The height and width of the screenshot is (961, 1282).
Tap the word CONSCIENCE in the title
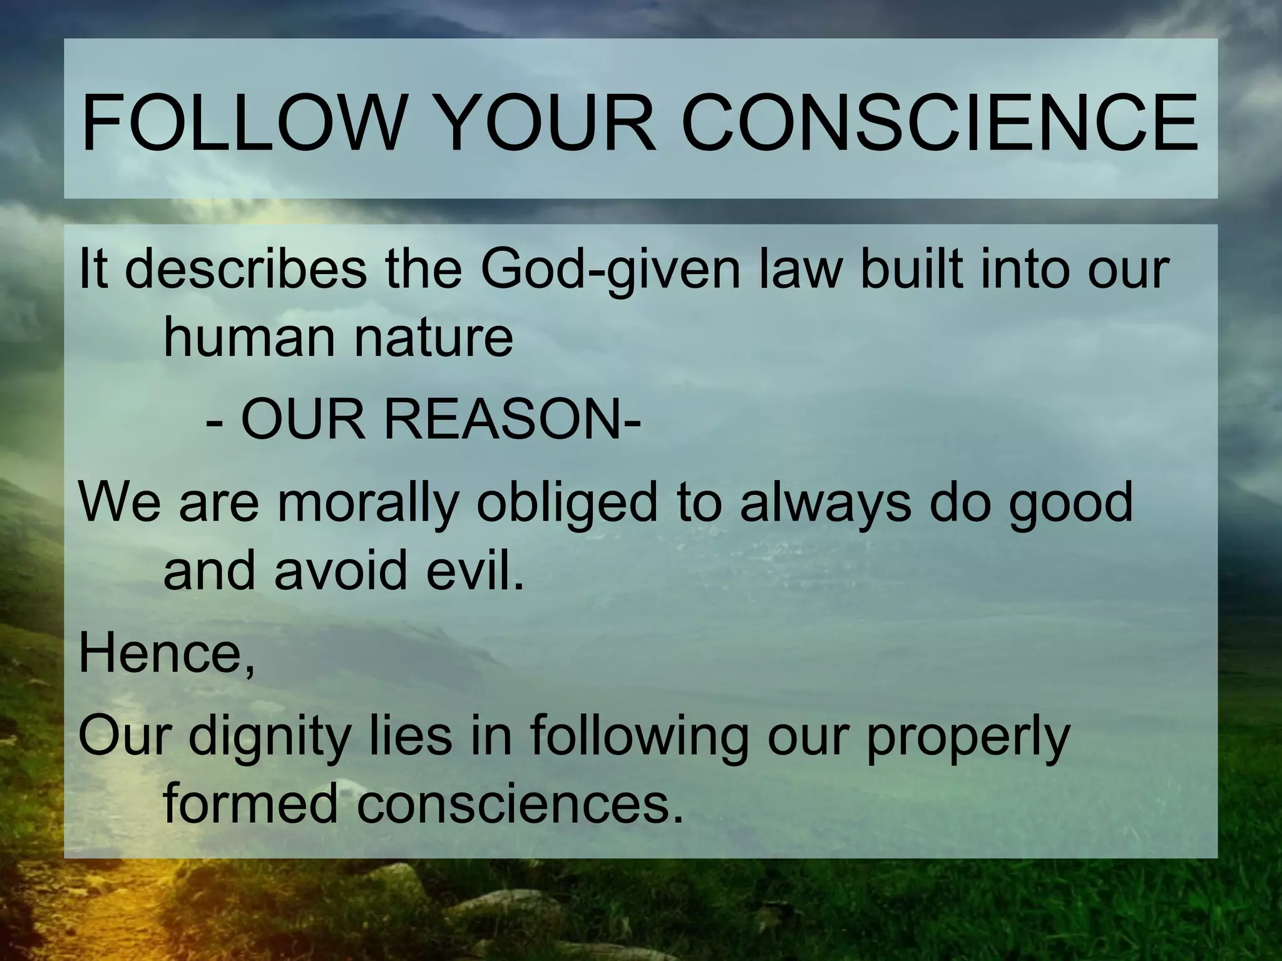pyautogui.click(x=939, y=123)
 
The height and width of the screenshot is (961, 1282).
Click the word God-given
pyautogui.click(x=610, y=270)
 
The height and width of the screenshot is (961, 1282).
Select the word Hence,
pyautogui.click(x=167, y=654)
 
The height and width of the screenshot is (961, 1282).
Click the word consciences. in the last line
pyautogui.click(x=520, y=805)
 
